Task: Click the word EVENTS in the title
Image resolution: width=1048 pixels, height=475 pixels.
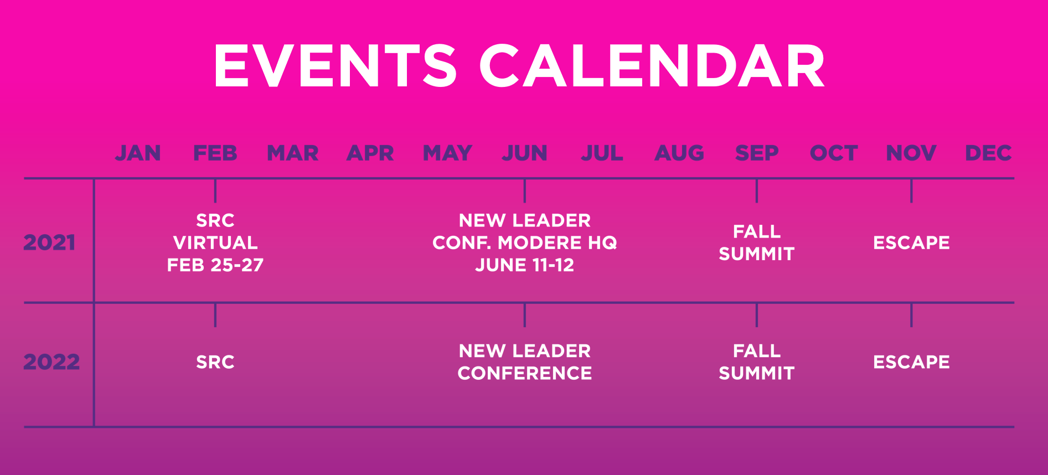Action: (x=335, y=66)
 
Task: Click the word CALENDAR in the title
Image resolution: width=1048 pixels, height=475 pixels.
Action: (x=652, y=66)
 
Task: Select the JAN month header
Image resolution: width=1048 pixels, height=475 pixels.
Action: (x=138, y=153)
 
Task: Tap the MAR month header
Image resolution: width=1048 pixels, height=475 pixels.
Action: (x=292, y=153)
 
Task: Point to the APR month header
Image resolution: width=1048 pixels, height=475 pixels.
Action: (x=370, y=153)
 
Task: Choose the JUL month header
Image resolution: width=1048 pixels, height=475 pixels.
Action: (x=602, y=153)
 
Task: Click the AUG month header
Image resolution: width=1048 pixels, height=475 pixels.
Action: (x=679, y=153)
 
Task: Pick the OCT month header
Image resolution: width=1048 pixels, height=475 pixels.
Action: (x=834, y=153)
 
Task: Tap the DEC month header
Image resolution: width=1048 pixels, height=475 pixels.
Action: (x=988, y=153)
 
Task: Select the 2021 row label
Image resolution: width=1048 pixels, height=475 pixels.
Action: (x=49, y=242)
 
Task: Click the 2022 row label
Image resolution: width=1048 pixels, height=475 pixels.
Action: (x=51, y=362)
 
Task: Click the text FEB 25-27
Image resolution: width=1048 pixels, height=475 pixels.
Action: (x=215, y=265)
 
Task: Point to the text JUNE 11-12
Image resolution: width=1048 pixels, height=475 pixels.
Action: (x=524, y=265)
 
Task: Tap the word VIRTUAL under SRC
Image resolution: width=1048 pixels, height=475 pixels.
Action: (x=215, y=242)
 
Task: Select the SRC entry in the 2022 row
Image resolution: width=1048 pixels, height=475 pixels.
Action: (x=215, y=362)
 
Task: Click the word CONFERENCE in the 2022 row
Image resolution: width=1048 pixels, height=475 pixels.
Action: (x=524, y=373)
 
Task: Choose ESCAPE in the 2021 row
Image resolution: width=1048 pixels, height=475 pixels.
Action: (x=911, y=242)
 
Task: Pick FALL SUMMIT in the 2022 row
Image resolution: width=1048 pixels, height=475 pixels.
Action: (x=756, y=362)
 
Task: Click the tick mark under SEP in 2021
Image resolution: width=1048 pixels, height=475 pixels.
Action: (x=756, y=191)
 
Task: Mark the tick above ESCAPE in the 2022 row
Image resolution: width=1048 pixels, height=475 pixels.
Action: (x=911, y=315)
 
